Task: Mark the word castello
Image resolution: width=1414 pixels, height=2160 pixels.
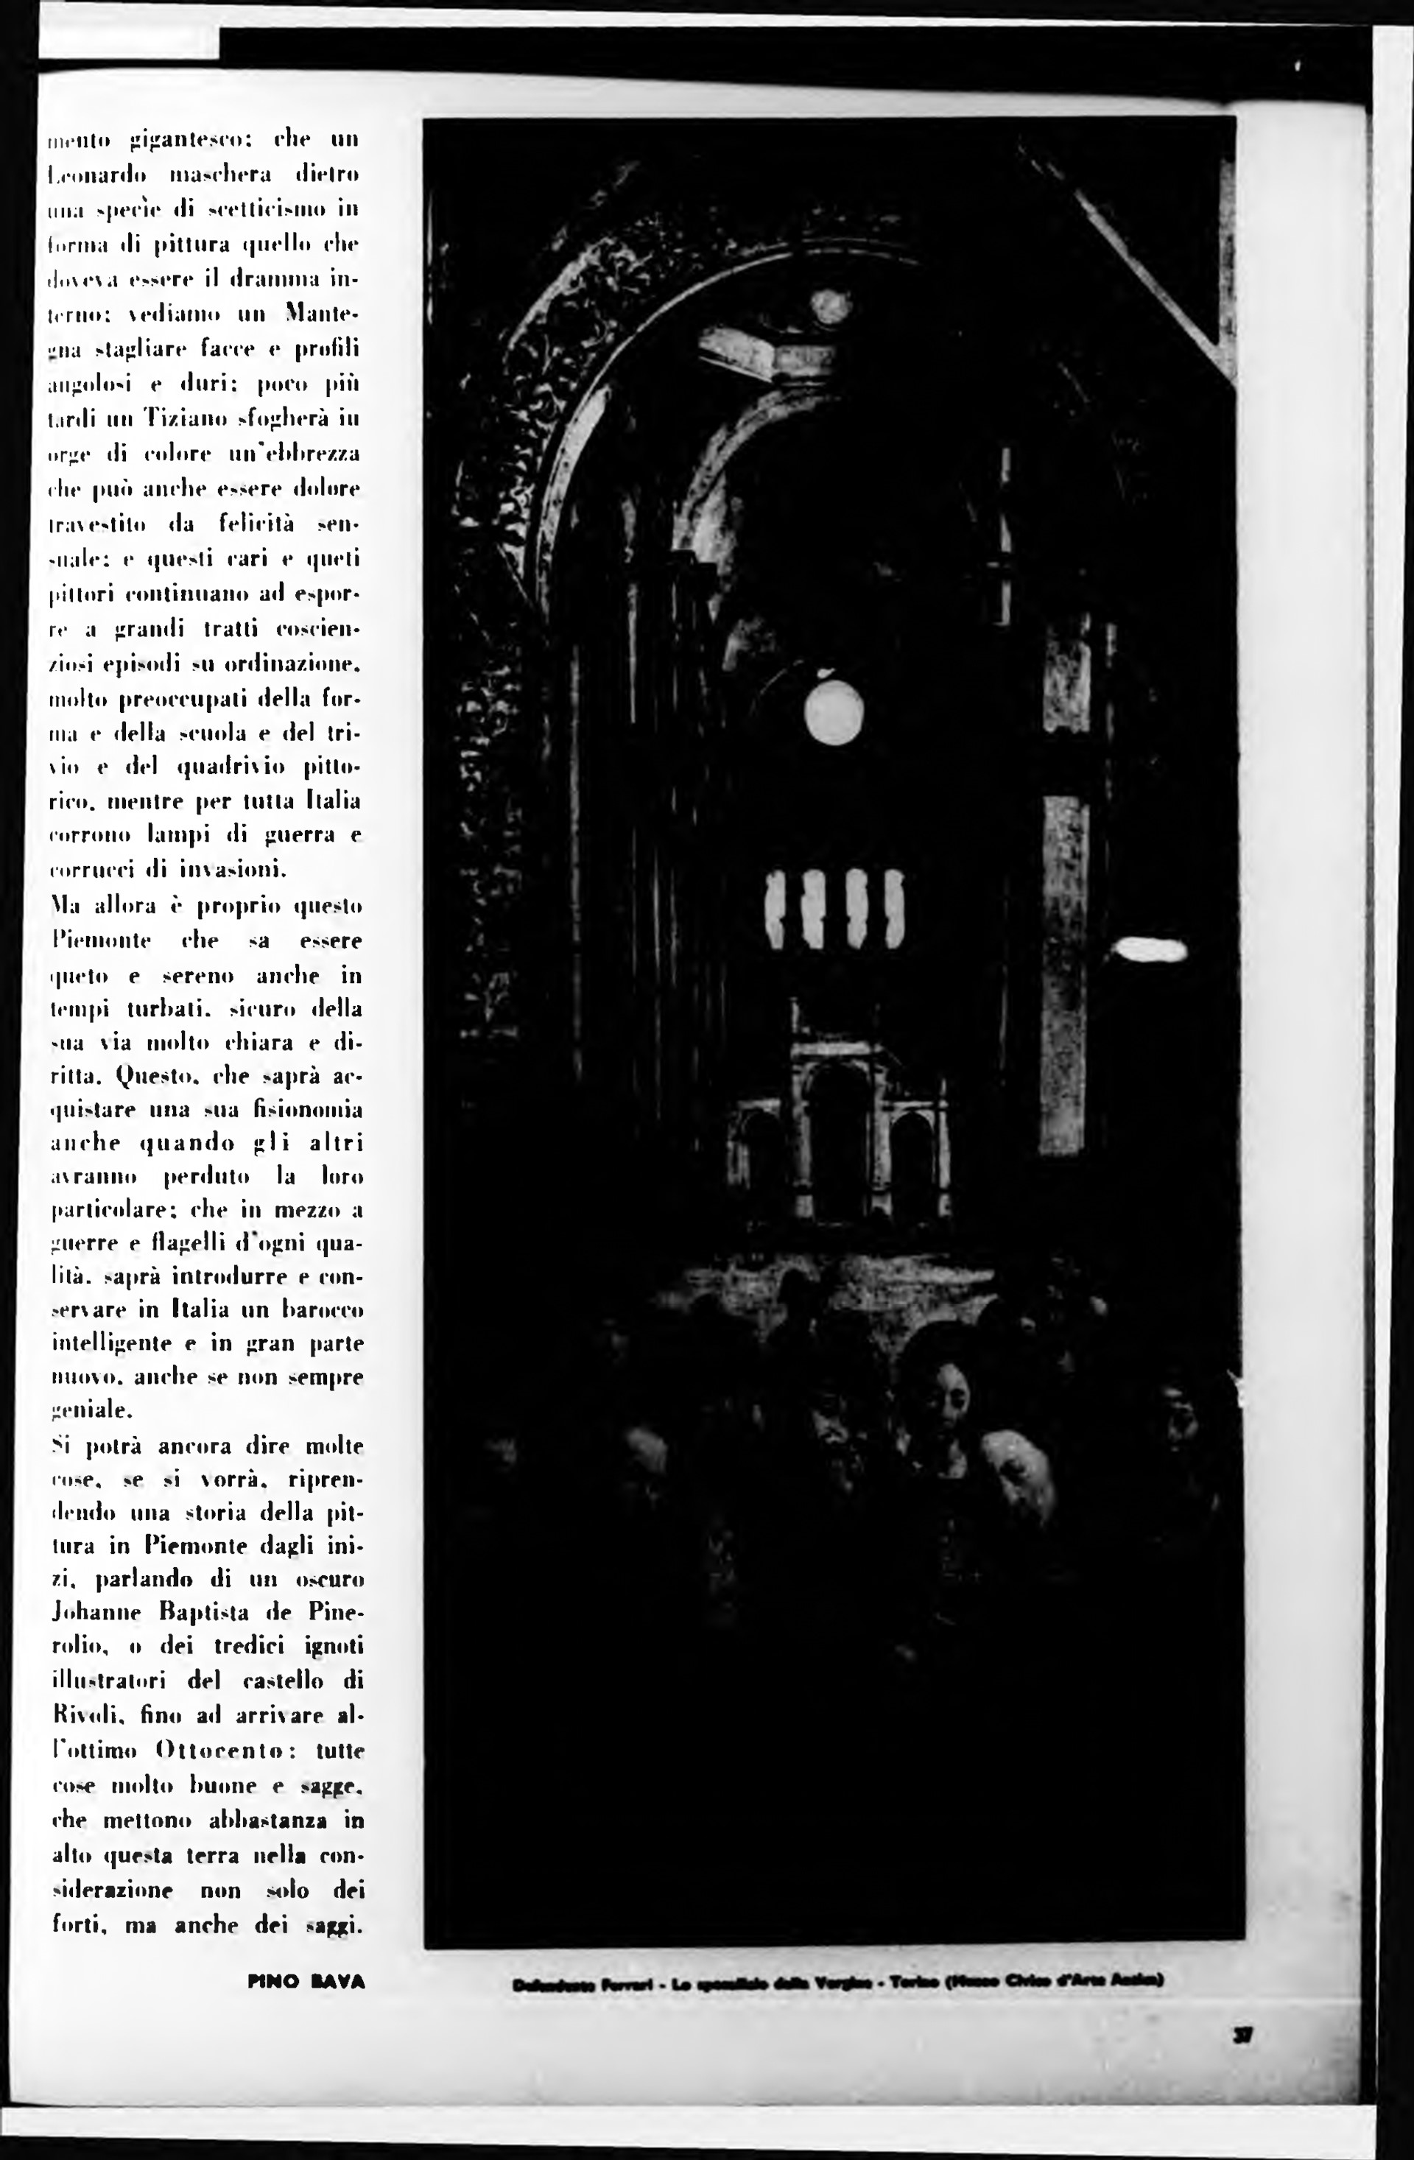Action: pyautogui.click(x=285, y=1681)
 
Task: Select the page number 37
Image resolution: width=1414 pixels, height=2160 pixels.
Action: pyautogui.click(x=1242, y=2036)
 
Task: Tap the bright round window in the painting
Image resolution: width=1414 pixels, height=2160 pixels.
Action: pyautogui.click(x=833, y=711)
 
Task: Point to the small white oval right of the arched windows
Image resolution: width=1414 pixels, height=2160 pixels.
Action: pyautogui.click(x=1149, y=950)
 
